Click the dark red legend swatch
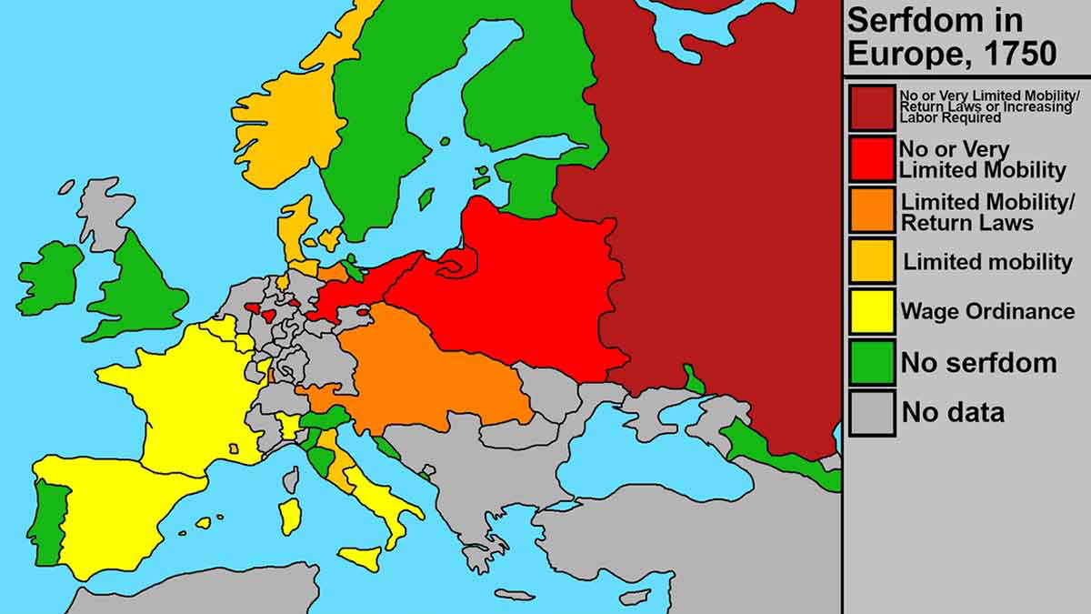coord(873,106)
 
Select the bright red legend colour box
coord(873,158)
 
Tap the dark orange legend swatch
coord(873,209)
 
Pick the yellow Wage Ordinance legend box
coord(873,311)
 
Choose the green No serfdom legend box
coord(873,362)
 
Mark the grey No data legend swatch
coord(873,412)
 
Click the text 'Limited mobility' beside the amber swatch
coord(987,262)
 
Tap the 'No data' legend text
coord(953,412)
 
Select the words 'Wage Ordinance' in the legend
coord(987,311)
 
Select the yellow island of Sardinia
coord(290,516)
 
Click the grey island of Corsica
coord(291,478)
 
